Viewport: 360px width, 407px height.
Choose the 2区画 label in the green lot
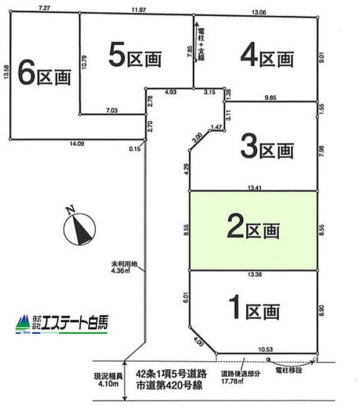click(253, 228)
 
